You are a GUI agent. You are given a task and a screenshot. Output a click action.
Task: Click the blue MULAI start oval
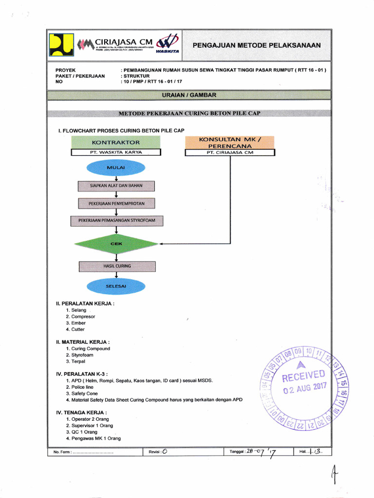coord(116,168)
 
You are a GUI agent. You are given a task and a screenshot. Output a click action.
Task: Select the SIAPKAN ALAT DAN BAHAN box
coord(116,186)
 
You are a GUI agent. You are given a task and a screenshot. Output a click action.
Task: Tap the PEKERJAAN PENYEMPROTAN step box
coord(116,203)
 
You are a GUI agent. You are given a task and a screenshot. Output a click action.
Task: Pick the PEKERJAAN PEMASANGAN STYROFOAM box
coord(116,221)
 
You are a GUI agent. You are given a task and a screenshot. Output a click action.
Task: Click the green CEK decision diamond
coord(116,243)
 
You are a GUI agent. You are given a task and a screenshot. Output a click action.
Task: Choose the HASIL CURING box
coord(117,266)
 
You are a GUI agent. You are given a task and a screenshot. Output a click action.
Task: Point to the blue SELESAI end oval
coord(116,286)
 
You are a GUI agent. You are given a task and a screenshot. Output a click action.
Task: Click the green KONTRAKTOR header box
coord(116,142)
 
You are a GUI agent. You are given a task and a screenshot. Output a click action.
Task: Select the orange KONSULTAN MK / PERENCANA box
coord(230,142)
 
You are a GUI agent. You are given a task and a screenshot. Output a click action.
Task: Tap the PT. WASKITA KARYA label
coord(116,152)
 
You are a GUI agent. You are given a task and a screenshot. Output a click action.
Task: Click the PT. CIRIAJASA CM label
coord(230,152)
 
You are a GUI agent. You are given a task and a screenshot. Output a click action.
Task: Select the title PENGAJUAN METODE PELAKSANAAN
coord(257,45)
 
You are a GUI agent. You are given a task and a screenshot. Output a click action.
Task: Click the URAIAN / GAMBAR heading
coord(188,95)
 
